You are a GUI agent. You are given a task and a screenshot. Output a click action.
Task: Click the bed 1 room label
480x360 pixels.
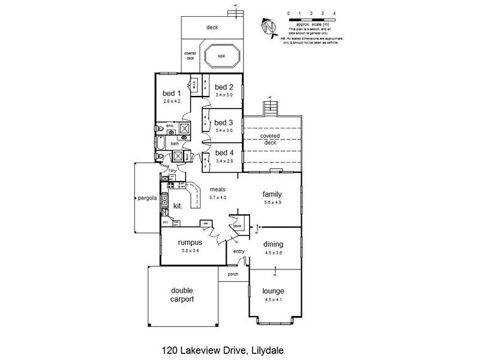click(172, 94)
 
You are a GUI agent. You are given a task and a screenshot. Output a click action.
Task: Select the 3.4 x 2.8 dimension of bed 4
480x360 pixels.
click(223, 161)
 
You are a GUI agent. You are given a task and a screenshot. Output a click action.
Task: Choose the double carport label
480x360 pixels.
click(181, 295)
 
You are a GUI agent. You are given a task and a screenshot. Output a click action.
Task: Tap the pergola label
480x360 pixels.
click(147, 197)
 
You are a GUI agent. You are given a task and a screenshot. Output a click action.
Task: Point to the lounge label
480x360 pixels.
click(273, 291)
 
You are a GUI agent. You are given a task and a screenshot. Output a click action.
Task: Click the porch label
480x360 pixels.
click(233, 274)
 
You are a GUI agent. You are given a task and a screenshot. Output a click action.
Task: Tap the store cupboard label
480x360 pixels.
click(236, 226)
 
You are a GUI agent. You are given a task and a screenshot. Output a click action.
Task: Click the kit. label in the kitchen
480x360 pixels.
click(178, 206)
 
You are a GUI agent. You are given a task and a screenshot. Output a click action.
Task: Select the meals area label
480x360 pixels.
click(217, 189)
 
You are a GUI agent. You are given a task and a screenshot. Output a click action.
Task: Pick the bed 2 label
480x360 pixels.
click(223, 86)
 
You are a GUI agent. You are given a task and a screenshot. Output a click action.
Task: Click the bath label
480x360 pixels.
click(175, 144)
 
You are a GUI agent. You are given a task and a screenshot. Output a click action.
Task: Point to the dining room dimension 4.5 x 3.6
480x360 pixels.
click(272, 253)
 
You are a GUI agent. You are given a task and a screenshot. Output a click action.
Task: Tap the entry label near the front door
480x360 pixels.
click(239, 251)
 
